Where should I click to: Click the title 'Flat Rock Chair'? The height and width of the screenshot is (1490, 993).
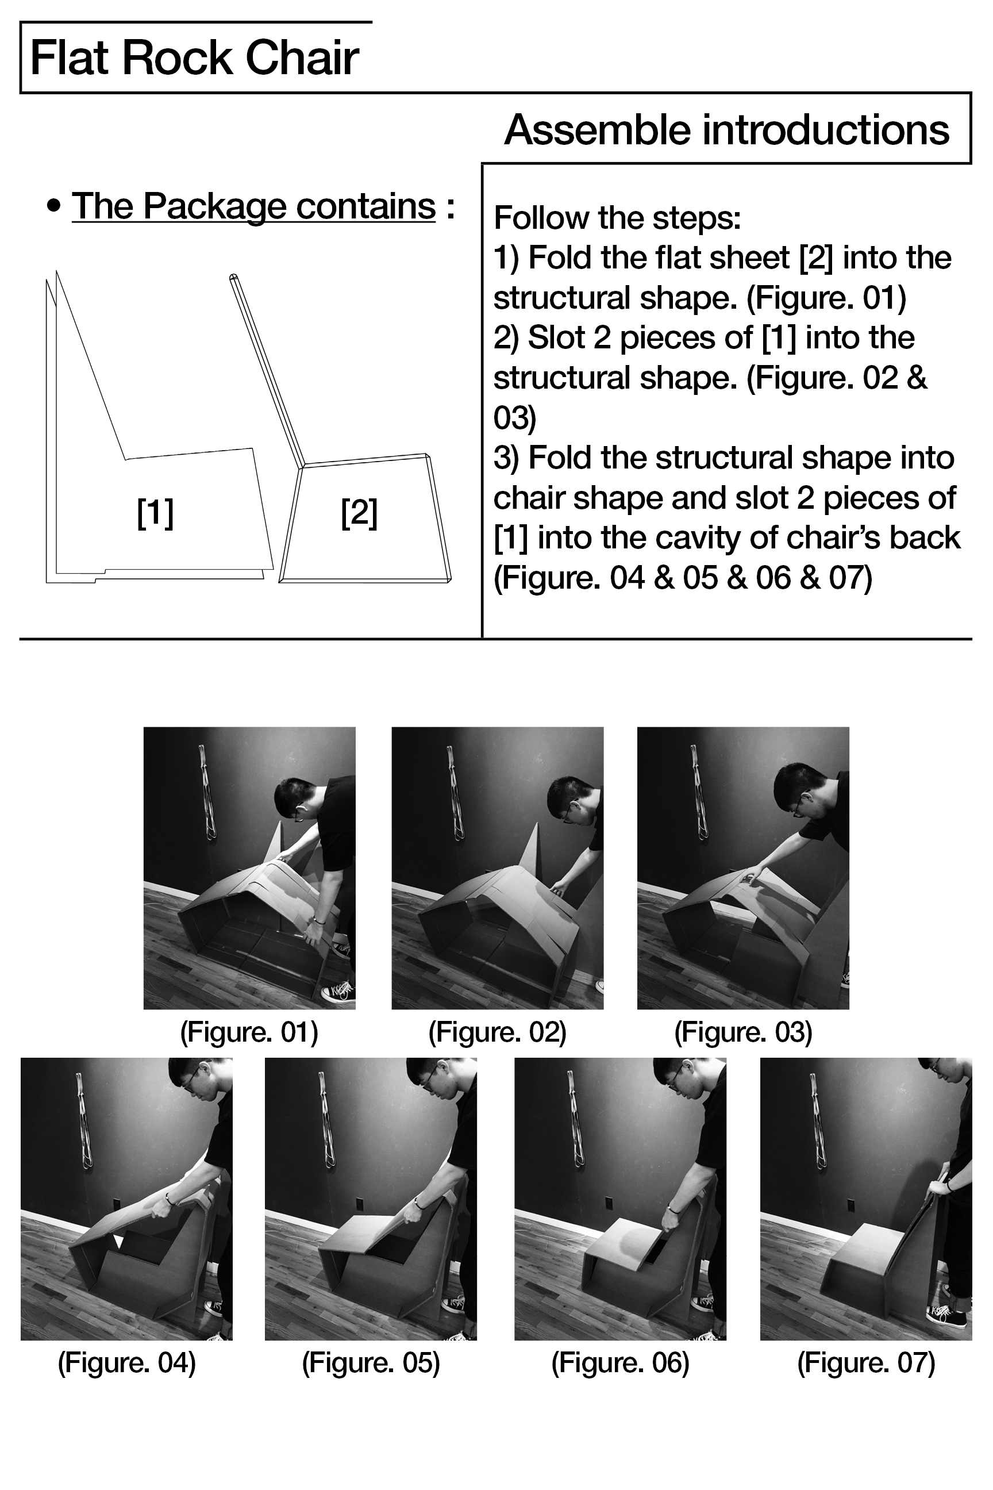click(x=194, y=58)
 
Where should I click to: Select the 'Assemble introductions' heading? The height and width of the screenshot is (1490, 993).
click(x=726, y=130)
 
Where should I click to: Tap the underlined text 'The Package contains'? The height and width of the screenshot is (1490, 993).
click(x=254, y=206)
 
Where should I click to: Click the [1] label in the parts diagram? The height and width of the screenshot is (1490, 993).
click(x=155, y=513)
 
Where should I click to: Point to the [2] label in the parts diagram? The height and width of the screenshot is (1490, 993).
click(x=359, y=513)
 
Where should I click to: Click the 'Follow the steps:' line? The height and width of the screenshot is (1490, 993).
click(x=617, y=218)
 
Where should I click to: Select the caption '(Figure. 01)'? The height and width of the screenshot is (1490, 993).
click(x=249, y=1032)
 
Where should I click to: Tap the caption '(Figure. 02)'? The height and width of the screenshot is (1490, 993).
click(x=497, y=1032)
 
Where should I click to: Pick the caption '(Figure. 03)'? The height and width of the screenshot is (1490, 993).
click(x=743, y=1032)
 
